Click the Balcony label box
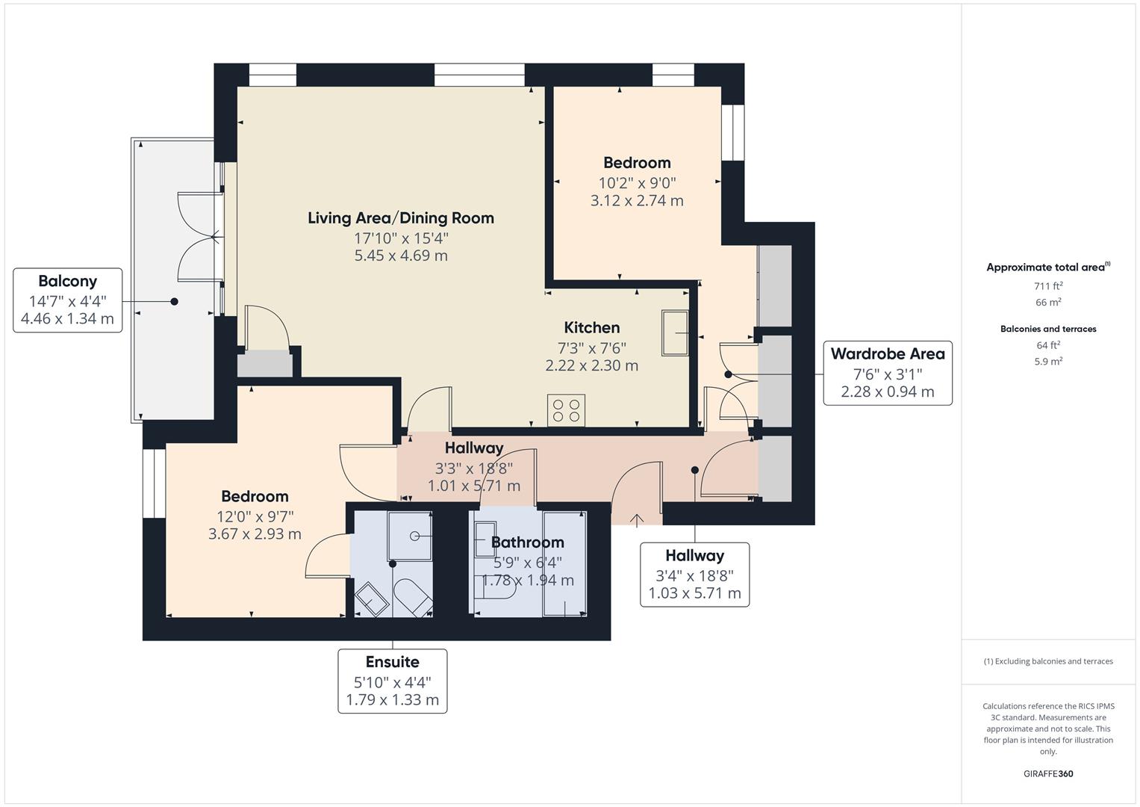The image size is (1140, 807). point(67,300)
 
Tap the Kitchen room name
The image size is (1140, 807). point(591,327)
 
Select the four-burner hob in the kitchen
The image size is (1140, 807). point(565,409)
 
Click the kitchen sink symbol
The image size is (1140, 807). point(675,333)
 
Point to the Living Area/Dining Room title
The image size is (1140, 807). point(401,218)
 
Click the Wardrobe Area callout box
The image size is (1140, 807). point(887,373)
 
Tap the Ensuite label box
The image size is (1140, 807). point(392,681)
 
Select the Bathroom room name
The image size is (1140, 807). point(527,542)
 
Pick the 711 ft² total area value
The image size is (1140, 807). point(1048,285)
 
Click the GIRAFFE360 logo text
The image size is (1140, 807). point(1048,773)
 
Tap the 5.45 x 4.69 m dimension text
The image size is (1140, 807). point(401,256)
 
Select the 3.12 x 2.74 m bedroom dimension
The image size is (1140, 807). point(637,200)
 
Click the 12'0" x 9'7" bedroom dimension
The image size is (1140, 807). point(255,516)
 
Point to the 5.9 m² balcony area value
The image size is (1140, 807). point(1048,361)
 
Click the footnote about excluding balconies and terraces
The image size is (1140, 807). point(1048,661)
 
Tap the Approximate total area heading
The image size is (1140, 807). point(1048,267)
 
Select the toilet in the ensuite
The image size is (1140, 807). point(412,598)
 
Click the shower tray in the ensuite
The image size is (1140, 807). point(409,536)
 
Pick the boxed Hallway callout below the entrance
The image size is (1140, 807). point(694,574)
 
